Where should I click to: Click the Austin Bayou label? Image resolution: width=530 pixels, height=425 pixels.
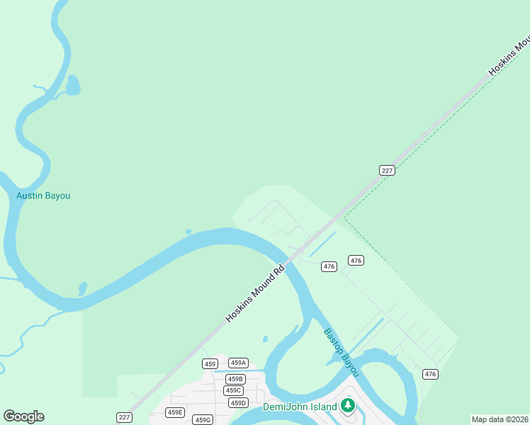[x=43, y=195]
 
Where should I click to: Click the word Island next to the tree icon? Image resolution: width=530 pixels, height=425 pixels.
[x=321, y=407]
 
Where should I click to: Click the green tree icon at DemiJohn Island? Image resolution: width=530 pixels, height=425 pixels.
[x=347, y=406]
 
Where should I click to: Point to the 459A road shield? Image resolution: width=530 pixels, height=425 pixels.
[x=238, y=363]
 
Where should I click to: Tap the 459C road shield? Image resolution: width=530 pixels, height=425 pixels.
[x=233, y=390]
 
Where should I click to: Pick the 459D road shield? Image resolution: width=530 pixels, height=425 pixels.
[x=238, y=403]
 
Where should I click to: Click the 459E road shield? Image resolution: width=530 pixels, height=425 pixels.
[x=174, y=412]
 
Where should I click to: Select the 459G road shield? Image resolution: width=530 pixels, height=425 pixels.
[x=203, y=420]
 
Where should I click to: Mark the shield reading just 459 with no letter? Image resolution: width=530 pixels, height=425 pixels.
[x=209, y=363]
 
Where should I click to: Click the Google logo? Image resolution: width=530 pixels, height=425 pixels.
[x=23, y=416]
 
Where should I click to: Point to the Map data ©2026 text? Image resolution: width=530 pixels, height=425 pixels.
[x=500, y=419]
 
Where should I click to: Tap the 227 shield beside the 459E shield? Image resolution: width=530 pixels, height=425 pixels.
[x=124, y=417]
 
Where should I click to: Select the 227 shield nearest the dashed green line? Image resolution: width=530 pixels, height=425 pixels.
[x=387, y=170]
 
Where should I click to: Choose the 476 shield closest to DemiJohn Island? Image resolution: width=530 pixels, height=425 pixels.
[x=430, y=374]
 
